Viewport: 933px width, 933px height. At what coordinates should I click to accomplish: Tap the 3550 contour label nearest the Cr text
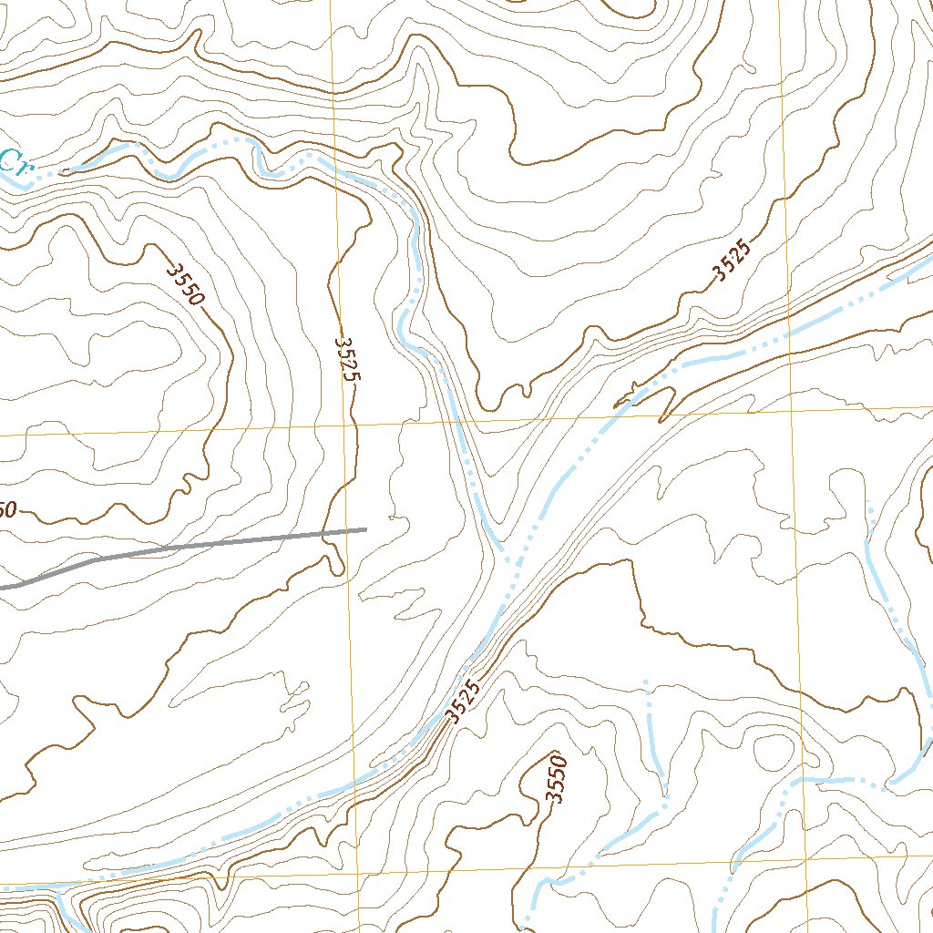(187, 284)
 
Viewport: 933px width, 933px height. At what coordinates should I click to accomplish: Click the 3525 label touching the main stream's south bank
(464, 702)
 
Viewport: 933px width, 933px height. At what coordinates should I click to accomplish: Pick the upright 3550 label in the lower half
(554, 780)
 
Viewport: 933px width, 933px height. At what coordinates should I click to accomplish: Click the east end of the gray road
(364, 528)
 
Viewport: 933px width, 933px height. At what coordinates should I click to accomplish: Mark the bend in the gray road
(96, 559)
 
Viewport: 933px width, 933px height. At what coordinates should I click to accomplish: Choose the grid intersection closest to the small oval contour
(805, 861)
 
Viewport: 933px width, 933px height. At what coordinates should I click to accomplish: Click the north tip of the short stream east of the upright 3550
(646, 682)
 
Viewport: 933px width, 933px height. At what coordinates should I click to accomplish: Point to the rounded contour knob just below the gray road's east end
(335, 565)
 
